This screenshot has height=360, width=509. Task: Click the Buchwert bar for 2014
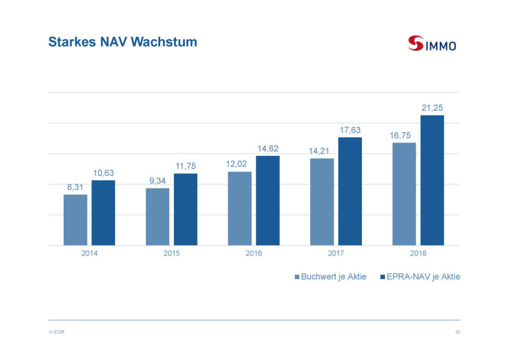pyautogui.click(x=76, y=220)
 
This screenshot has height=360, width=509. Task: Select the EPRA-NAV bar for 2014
pyautogui.click(x=103, y=213)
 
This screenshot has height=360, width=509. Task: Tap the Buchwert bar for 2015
pyautogui.click(x=158, y=217)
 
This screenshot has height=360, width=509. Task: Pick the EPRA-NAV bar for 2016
pyautogui.click(x=268, y=200)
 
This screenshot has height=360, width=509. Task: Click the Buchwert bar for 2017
pyautogui.click(x=322, y=202)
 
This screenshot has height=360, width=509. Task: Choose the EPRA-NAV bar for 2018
pyautogui.click(x=432, y=180)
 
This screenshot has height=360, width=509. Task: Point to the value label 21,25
pyautogui.click(x=432, y=107)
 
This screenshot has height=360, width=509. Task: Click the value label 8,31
pyautogui.click(x=76, y=187)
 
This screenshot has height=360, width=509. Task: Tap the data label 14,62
pyautogui.click(x=268, y=148)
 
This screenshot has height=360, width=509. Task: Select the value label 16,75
pyautogui.click(x=404, y=135)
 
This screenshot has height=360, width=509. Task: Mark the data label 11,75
pyautogui.click(x=185, y=166)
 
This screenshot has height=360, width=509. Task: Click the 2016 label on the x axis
pyautogui.click(x=254, y=254)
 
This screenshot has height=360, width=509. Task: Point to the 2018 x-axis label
pyautogui.click(x=418, y=254)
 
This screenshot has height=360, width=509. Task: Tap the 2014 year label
pyautogui.click(x=89, y=254)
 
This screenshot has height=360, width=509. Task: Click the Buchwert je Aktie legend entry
pyautogui.click(x=331, y=277)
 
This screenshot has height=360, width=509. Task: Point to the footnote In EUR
pyautogui.click(x=56, y=332)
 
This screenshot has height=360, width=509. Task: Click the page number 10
pyautogui.click(x=457, y=332)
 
